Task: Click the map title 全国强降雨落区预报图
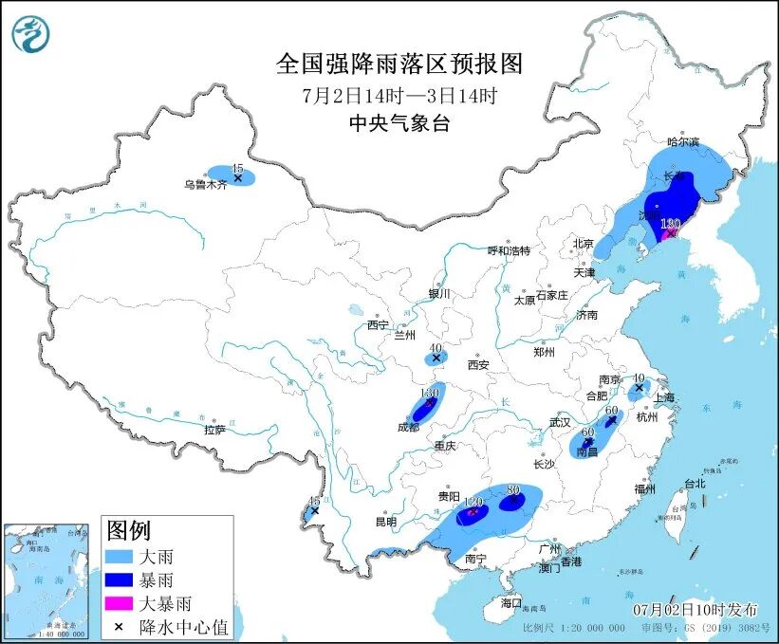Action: pos(399,64)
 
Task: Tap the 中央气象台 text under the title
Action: pos(399,123)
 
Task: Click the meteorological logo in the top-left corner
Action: pos(31,34)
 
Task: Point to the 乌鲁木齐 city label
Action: pos(206,185)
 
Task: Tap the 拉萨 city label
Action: pos(214,430)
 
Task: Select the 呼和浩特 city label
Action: pos(509,251)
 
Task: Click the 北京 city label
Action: pos(583,244)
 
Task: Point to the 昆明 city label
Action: pos(385,522)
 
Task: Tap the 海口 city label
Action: pos(511,603)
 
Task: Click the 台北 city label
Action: pos(694,484)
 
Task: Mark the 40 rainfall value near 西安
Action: pos(435,348)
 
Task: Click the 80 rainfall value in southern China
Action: pos(513,490)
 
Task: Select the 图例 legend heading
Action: pos(128,530)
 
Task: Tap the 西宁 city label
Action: pos(378,325)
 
